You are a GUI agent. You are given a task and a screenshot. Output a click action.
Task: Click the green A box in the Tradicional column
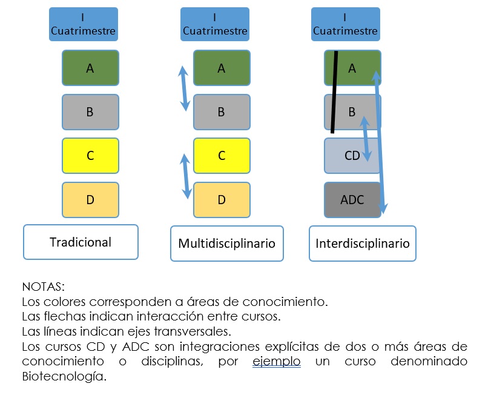click(x=90, y=68)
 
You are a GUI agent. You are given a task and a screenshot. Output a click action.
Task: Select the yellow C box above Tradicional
click(x=90, y=156)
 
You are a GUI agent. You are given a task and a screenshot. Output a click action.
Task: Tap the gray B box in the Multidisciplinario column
click(x=221, y=112)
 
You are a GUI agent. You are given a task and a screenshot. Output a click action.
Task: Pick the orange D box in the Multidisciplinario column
click(x=221, y=199)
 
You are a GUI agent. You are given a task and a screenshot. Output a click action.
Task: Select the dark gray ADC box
click(x=352, y=199)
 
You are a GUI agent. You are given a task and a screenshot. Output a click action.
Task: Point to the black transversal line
click(x=335, y=91)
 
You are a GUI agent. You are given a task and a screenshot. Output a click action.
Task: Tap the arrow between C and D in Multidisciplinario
click(x=186, y=176)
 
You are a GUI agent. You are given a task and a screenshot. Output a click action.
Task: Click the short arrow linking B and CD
click(x=366, y=138)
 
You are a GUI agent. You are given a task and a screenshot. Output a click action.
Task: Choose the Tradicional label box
click(x=81, y=242)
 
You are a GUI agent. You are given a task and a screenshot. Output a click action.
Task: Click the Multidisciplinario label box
click(x=226, y=244)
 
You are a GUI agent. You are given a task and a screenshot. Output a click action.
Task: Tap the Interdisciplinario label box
click(x=362, y=244)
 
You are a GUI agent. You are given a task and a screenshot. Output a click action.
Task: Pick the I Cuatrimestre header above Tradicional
click(x=83, y=24)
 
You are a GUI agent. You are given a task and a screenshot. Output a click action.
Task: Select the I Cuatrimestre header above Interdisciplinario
click(x=345, y=24)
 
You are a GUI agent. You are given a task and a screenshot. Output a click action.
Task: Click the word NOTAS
click(x=42, y=286)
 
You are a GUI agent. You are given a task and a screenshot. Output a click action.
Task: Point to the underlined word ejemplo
click(x=276, y=362)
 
